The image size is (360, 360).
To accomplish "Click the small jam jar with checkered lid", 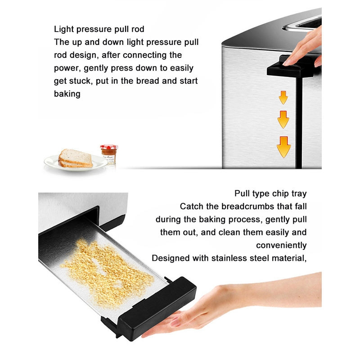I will [108, 154].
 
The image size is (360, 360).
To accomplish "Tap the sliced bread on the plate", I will [75, 158].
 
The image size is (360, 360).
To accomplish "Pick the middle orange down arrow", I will [283, 120].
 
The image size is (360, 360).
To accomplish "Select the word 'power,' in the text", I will [67, 68].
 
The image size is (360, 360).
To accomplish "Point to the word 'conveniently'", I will [281, 246].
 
